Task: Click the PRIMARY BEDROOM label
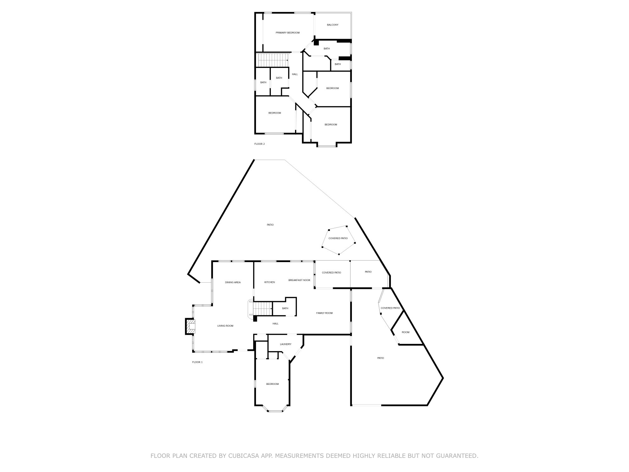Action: [287, 33]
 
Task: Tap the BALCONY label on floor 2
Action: [332, 25]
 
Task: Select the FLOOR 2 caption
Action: [259, 144]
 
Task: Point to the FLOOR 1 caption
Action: [197, 362]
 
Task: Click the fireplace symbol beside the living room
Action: [190, 327]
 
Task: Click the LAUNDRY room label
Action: [286, 344]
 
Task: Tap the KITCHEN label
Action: [270, 282]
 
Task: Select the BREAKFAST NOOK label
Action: [299, 280]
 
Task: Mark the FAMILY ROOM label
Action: [324, 313]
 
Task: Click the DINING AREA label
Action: [233, 282]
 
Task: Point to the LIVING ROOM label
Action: [225, 326]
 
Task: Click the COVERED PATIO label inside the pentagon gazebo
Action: [338, 238]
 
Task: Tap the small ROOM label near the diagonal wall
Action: [405, 332]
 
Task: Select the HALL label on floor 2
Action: [295, 74]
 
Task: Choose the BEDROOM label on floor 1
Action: [272, 384]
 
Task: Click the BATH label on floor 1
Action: [285, 308]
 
